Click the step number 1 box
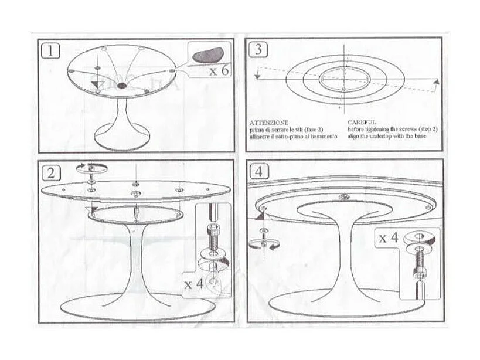point(51,50)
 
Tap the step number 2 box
point(51,172)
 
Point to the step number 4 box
point(258,172)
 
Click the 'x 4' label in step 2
point(193,284)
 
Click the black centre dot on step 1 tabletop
point(122,86)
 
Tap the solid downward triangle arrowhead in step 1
point(95,86)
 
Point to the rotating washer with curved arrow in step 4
point(264,244)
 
